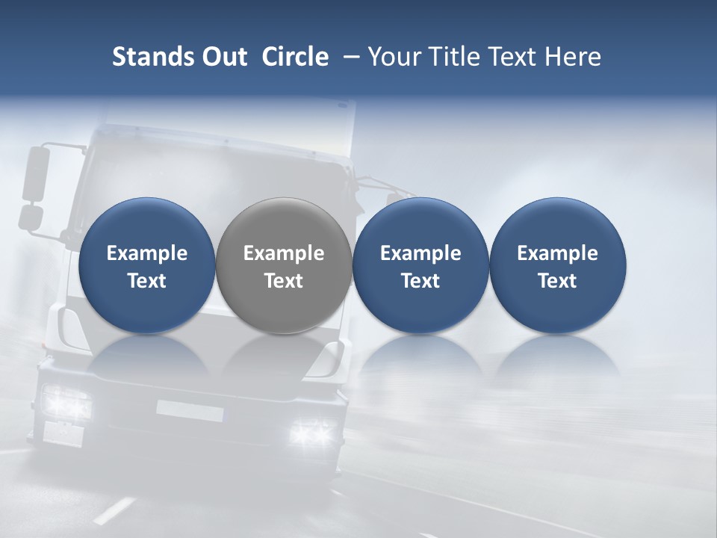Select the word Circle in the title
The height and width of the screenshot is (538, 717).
[295, 57]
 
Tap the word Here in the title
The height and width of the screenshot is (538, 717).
[574, 57]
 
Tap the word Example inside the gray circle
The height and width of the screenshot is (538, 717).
[284, 253]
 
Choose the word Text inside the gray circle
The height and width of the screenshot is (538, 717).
[284, 281]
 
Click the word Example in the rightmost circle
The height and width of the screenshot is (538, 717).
[557, 253]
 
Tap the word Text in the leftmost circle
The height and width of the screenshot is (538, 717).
[146, 281]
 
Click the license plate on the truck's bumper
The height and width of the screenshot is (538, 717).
[190, 410]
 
